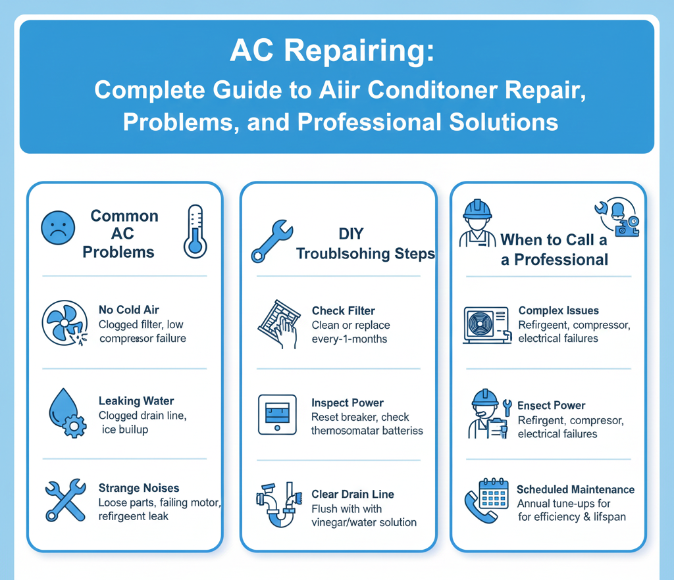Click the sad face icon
[58, 228]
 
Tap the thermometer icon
[195, 231]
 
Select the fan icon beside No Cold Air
[65, 324]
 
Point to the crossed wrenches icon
[66, 500]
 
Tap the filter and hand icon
[279, 324]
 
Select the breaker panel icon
[277, 415]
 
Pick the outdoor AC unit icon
[488, 325]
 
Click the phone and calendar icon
[486, 500]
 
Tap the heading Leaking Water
[136, 401]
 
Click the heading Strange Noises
[139, 488]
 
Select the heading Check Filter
[344, 311]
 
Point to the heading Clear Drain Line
[353, 494]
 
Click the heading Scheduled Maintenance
[575, 489]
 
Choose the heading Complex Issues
[558, 310]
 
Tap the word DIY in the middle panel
[351, 233]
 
